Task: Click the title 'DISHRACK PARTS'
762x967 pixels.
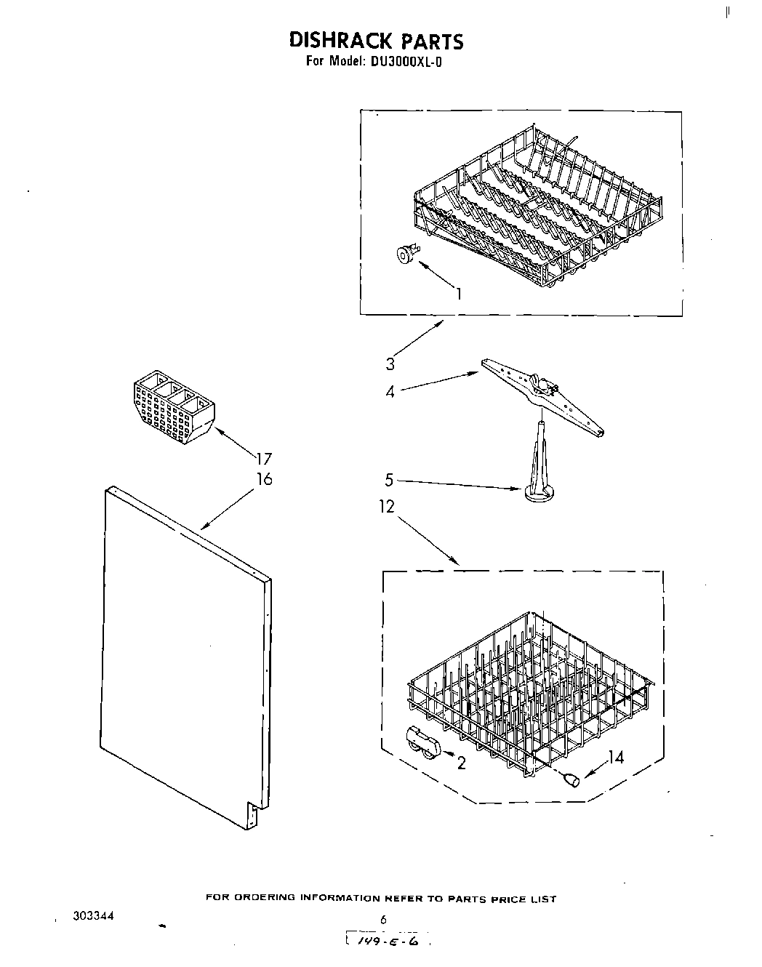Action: point(376,40)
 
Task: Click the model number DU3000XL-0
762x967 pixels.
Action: point(406,62)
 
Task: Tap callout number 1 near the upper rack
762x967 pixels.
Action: point(459,294)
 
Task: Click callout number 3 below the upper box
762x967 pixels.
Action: point(390,364)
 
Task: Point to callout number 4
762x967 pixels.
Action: point(390,392)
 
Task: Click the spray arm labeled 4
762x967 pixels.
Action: point(542,396)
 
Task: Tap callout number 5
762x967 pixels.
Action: point(389,480)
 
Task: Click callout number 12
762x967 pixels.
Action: point(386,507)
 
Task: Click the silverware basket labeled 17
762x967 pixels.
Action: point(173,408)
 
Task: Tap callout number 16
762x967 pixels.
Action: point(264,479)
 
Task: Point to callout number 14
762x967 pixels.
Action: point(616,758)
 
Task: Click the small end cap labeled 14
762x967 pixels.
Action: point(571,779)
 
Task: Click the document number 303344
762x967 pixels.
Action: point(92,916)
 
